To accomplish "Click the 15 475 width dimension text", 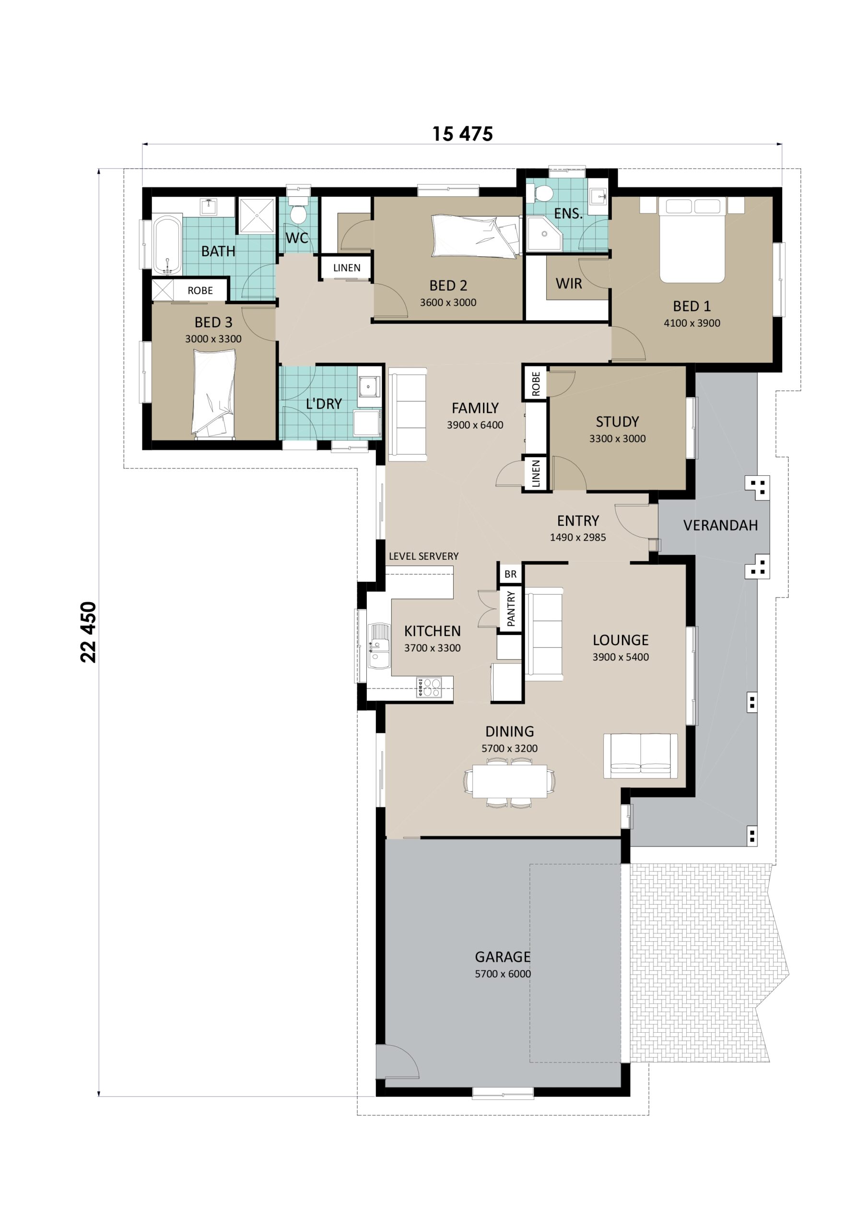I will (462, 134).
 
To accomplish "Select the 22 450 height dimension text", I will (88, 632).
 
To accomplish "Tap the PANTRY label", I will (511, 609).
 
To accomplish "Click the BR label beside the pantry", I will (510, 574).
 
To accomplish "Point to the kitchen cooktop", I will (430, 687).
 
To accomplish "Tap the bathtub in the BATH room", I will (167, 245).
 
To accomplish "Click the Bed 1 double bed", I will (692, 240).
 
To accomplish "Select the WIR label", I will (568, 283).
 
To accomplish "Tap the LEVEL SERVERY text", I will (423, 556).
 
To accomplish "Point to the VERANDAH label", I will (720, 525).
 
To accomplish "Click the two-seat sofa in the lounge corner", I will (640, 755).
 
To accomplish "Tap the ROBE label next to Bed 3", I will (200, 290).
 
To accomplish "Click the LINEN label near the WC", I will (347, 267).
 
